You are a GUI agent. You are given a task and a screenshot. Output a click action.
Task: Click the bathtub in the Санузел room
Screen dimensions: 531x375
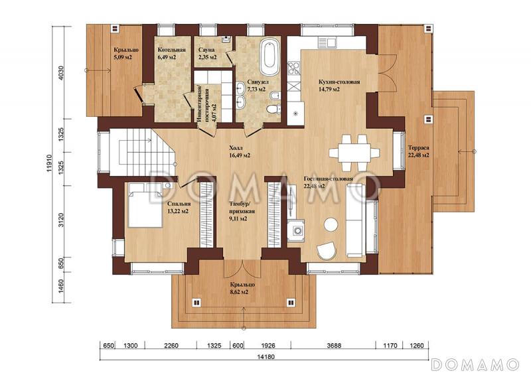pos(270,57)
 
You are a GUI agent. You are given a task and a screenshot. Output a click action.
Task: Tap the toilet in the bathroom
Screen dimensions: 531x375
pos(273,109)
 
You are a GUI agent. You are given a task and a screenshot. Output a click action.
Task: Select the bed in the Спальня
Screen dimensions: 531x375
pos(145,205)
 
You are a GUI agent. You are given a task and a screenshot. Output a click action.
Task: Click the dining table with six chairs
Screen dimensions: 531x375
pos(354,153)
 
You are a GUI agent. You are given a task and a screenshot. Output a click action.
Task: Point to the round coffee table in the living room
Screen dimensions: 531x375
pos(331,224)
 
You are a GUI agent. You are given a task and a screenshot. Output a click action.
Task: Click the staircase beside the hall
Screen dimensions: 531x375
pos(142,152)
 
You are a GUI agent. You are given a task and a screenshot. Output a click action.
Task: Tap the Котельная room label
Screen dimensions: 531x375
pos(172,50)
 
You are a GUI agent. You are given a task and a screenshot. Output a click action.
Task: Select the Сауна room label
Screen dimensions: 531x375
pos(206,50)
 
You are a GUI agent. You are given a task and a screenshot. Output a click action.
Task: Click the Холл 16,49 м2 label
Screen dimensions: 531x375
pos(240,152)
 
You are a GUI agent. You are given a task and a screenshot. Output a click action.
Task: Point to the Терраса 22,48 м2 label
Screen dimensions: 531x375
pos(419,151)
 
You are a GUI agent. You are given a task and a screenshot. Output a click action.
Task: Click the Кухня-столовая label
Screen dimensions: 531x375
pos(339,82)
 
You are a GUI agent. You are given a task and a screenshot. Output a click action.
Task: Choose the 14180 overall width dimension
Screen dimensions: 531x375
pos(265,356)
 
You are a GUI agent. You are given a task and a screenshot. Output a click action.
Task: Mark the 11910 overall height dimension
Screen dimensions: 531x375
pos(49,164)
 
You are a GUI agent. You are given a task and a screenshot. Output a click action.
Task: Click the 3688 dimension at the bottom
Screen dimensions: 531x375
pos(334,346)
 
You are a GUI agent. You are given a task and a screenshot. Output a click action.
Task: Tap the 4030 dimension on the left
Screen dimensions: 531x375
pos(61,72)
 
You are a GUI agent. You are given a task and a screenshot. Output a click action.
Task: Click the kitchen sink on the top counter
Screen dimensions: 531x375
pos(327,42)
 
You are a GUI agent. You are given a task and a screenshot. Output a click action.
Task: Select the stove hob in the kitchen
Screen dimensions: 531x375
pos(293,68)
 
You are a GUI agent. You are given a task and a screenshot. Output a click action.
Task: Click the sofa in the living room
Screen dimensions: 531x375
pos(355,220)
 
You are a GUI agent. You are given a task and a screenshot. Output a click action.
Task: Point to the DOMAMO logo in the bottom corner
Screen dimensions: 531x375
pos(475,364)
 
